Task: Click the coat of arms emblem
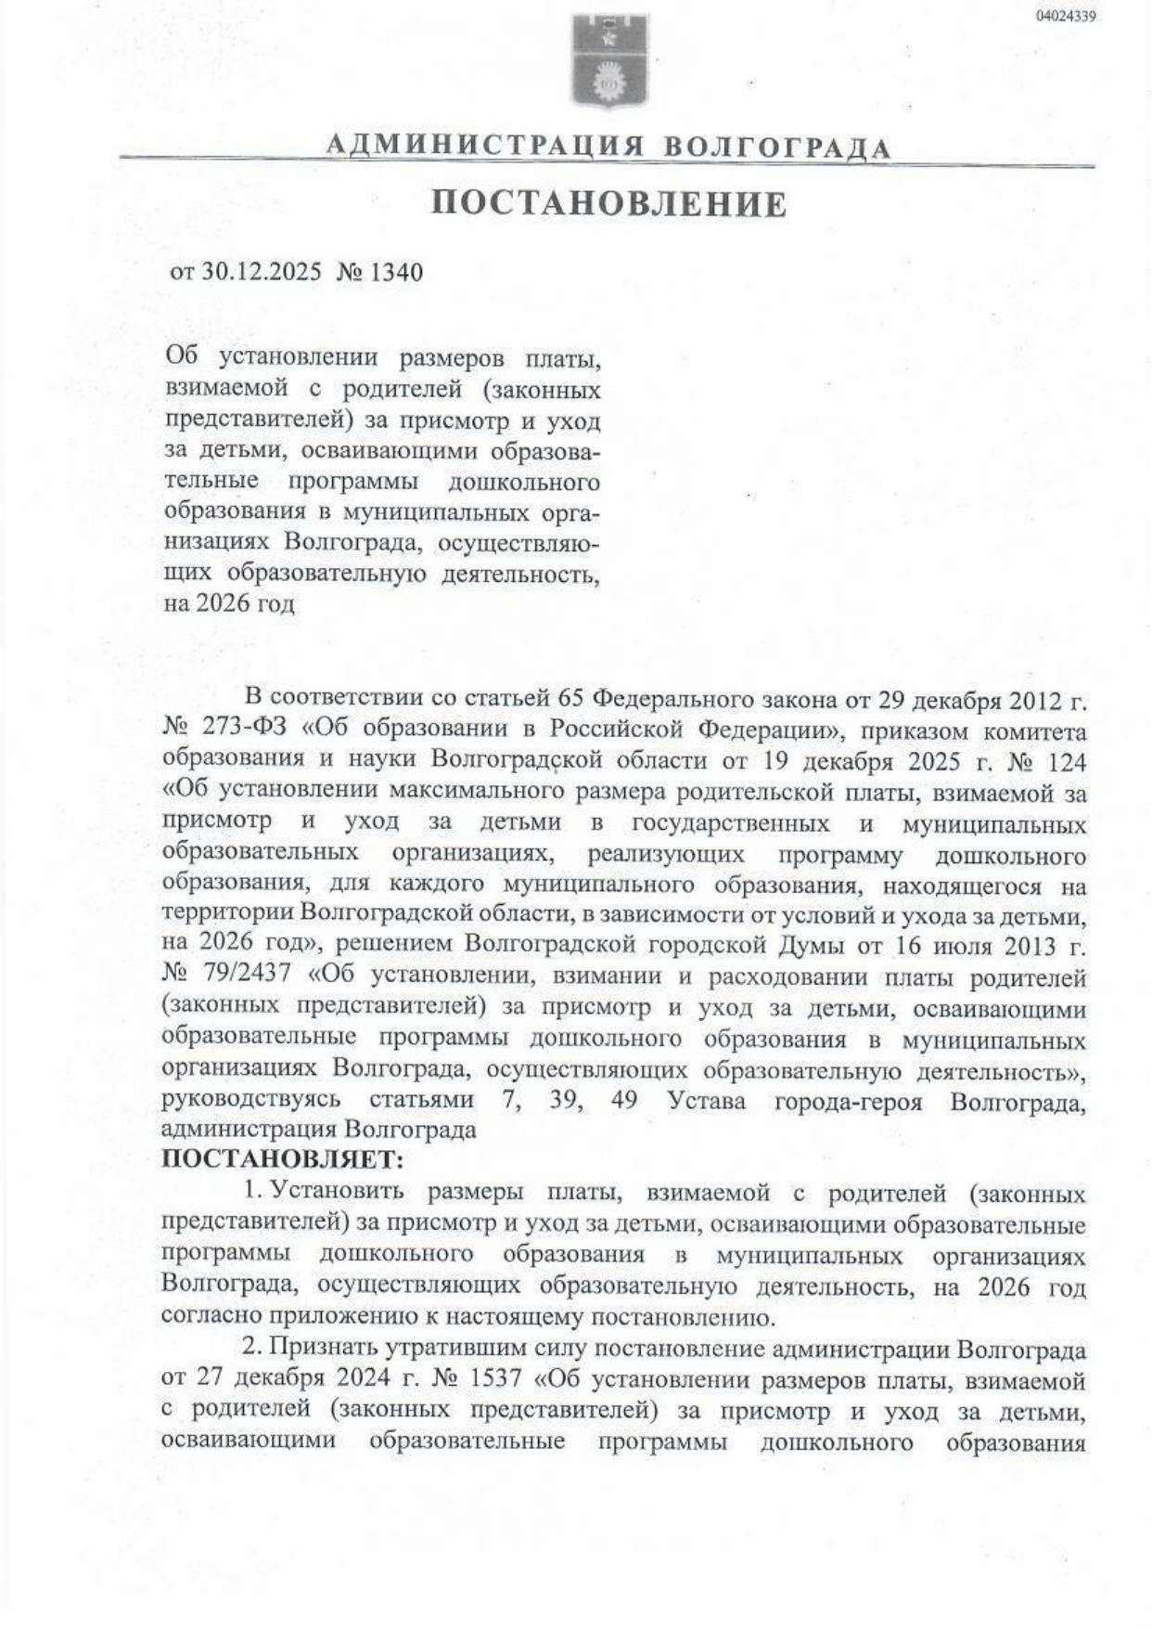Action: [609, 61]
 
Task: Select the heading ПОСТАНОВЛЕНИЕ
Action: [609, 204]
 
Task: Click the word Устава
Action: [706, 1101]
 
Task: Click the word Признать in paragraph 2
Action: [320, 1350]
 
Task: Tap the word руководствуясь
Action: [250, 1101]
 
